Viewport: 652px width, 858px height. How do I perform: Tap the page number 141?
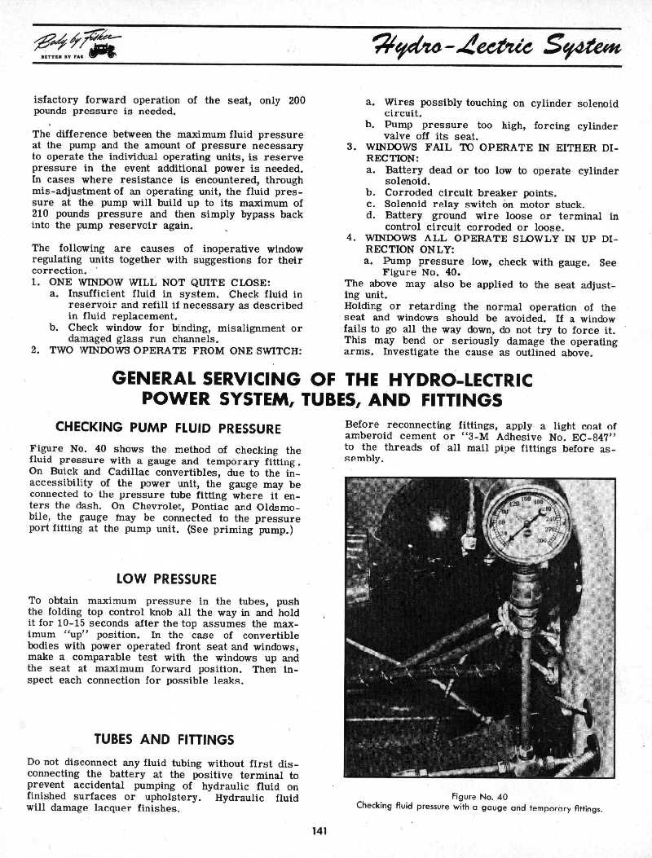[319, 830]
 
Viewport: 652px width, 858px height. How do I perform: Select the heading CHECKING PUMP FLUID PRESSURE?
[168, 429]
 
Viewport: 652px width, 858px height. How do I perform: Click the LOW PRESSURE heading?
[166, 579]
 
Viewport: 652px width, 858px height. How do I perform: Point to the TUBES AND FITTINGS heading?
[165, 740]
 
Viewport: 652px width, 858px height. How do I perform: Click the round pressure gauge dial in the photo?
[527, 522]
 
